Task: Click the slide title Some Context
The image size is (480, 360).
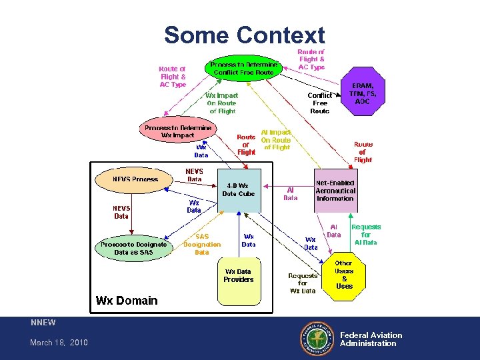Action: (x=244, y=35)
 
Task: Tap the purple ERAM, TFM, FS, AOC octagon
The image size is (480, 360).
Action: (x=363, y=93)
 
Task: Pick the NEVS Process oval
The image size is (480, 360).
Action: (x=135, y=179)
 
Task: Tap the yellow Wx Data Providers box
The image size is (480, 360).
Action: (x=239, y=276)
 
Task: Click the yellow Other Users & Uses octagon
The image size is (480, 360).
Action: (x=344, y=275)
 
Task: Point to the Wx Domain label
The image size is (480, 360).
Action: (x=127, y=300)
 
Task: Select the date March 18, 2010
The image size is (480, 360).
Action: (x=59, y=343)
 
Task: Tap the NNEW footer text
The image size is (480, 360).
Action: (x=43, y=323)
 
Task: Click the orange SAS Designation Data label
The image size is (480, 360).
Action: (x=201, y=245)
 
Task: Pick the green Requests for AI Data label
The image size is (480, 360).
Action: (x=366, y=235)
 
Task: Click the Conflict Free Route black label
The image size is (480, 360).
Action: (x=320, y=103)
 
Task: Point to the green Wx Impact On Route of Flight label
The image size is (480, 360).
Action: (x=221, y=103)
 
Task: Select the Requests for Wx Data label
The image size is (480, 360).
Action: (x=303, y=283)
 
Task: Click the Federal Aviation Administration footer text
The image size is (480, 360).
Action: (x=371, y=339)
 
